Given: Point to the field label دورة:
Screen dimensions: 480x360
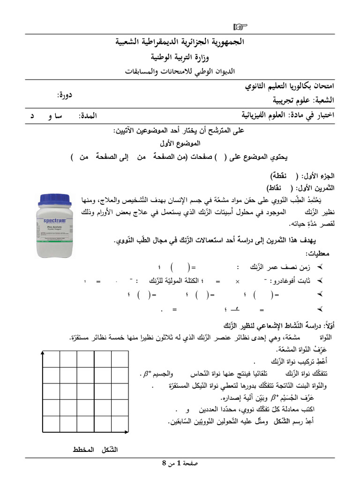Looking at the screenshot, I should point(65,95).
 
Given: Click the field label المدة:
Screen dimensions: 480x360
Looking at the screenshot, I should point(89,115).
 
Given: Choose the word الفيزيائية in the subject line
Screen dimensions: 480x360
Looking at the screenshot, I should point(257,115).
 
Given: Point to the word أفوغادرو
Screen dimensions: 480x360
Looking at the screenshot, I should point(286,281).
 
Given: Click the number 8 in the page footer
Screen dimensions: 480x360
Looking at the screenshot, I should point(164,463).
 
